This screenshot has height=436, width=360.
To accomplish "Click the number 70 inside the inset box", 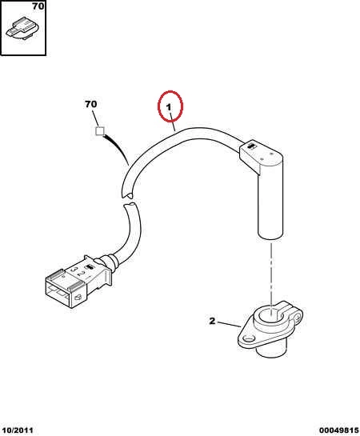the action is pyautogui.click(x=38, y=6).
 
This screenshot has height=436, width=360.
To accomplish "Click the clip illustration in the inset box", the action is pyautogui.click(x=22, y=28).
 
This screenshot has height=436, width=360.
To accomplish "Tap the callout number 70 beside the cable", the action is pyautogui.click(x=91, y=104).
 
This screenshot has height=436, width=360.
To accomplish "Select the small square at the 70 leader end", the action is pyautogui.click(x=100, y=131).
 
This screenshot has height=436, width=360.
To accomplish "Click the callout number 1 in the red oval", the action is pyautogui.click(x=169, y=107).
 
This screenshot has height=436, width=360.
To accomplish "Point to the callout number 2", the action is pyautogui.click(x=212, y=321).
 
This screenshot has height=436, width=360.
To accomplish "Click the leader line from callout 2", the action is pyautogui.click(x=229, y=324).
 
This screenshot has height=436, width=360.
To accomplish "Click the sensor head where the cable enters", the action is pyautogui.click(x=261, y=156).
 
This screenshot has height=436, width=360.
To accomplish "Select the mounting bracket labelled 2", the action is pyautogui.click(x=270, y=330).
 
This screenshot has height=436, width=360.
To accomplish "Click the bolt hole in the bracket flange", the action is pyautogui.click(x=246, y=339).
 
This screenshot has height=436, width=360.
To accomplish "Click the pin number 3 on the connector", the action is pyautogui.click(x=74, y=269).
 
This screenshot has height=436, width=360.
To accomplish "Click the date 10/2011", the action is pyautogui.click(x=18, y=430).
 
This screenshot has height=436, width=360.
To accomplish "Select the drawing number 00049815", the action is pyautogui.click(x=338, y=430).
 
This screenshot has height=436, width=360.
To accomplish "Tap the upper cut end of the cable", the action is pyautogui.click(x=127, y=194).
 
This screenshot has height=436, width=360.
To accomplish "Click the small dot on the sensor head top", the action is pyautogui.click(x=262, y=158).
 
